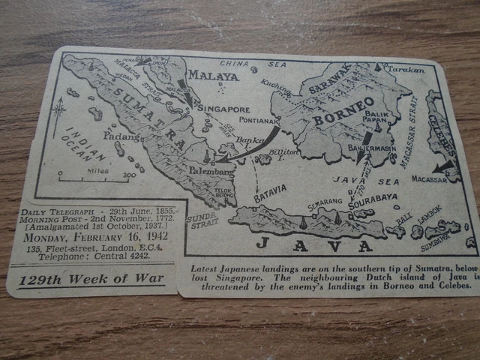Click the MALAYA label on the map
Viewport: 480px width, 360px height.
point(212,75)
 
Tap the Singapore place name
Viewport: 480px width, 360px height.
point(223,109)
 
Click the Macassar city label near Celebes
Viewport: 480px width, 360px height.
point(428,179)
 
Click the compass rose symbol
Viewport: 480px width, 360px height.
point(58,112)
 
